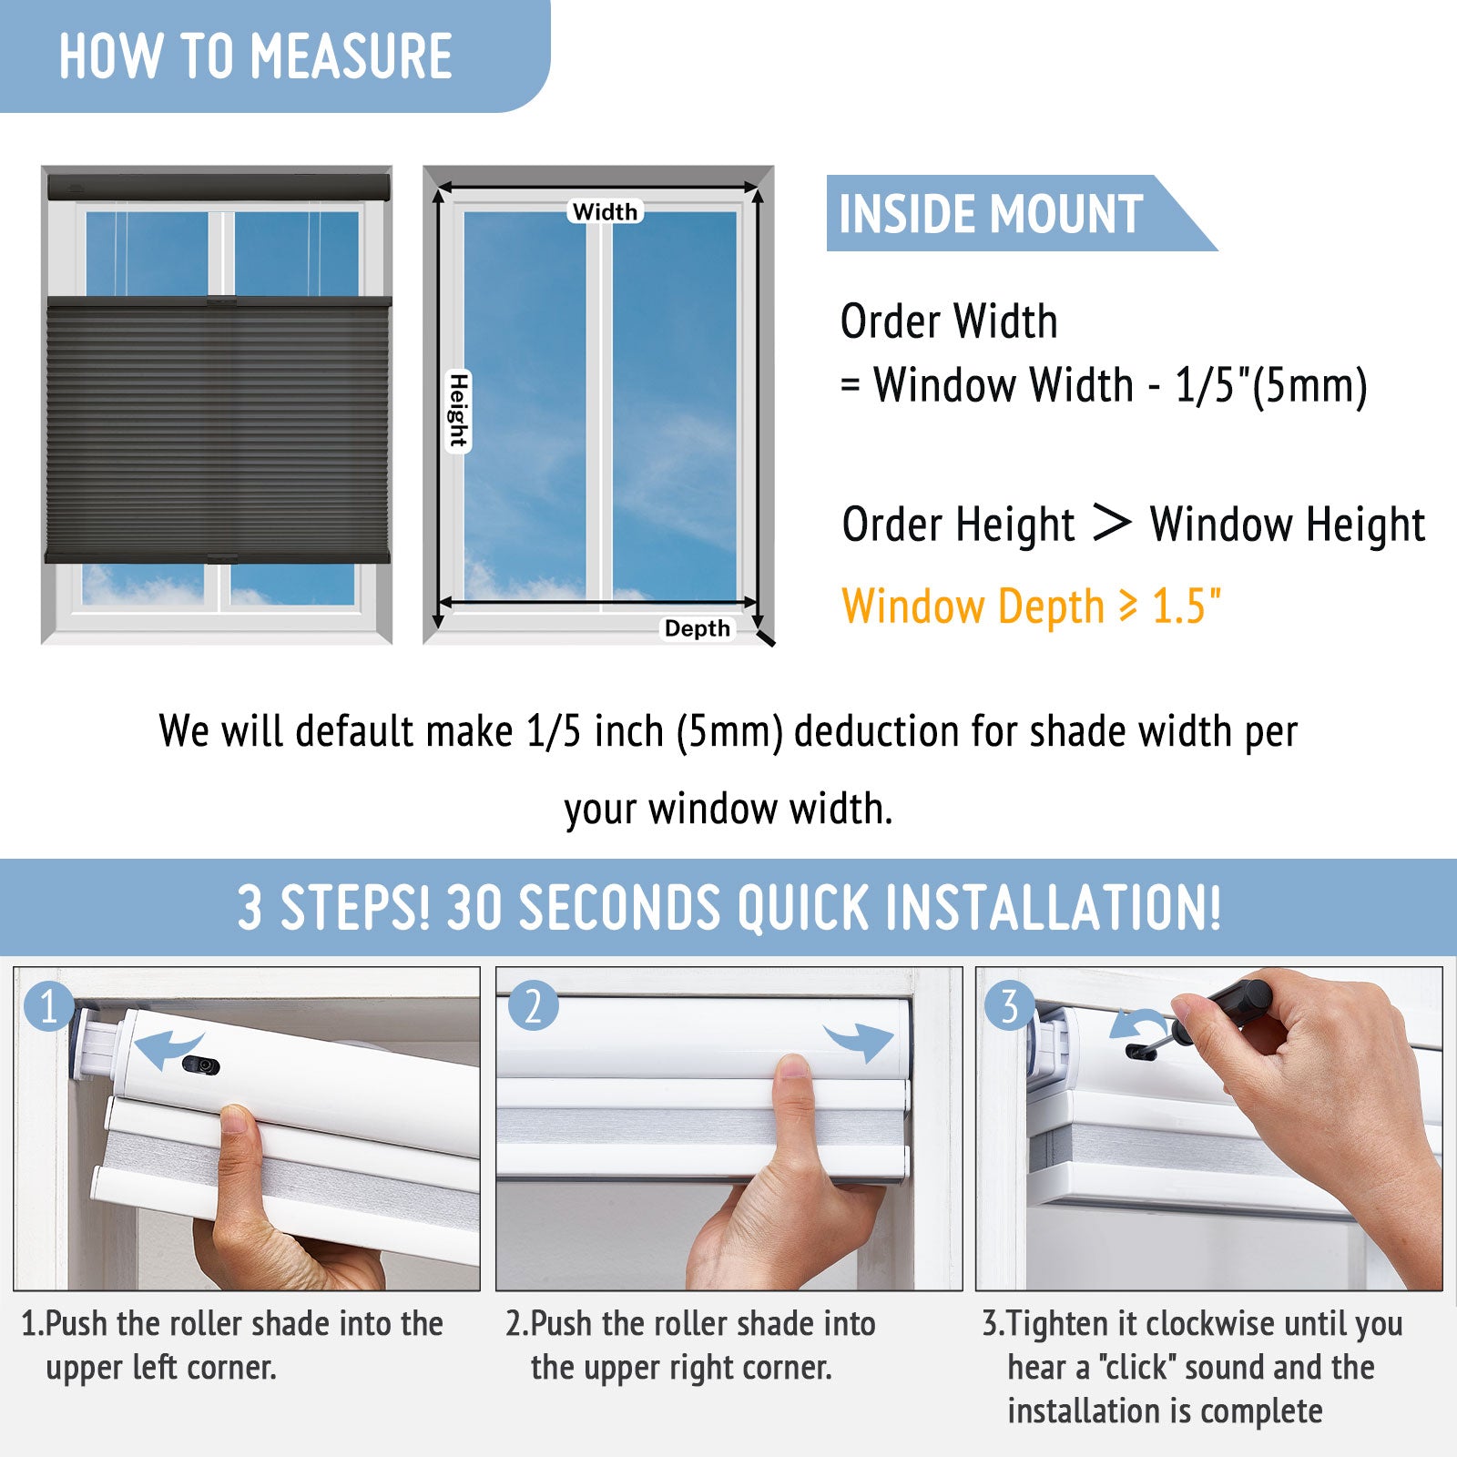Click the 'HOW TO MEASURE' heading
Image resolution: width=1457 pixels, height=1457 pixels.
click(x=256, y=56)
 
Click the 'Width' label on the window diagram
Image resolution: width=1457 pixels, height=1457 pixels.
click(x=606, y=211)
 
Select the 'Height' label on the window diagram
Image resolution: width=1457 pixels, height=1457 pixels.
click(x=458, y=411)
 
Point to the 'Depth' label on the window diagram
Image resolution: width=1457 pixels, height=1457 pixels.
click(x=698, y=628)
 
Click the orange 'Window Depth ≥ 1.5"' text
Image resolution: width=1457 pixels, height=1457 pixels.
click(x=1031, y=606)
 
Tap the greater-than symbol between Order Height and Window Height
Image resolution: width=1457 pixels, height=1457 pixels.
click(x=1111, y=523)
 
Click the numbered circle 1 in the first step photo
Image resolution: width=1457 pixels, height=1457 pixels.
click(x=49, y=1007)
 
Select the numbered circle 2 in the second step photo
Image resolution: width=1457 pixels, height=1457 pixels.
click(x=533, y=1006)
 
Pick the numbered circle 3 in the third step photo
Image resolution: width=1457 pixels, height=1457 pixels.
click(x=1010, y=1006)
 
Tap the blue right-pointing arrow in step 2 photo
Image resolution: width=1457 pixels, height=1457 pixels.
click(x=859, y=1040)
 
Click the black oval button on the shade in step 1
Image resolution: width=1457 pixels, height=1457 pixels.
click(x=200, y=1065)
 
